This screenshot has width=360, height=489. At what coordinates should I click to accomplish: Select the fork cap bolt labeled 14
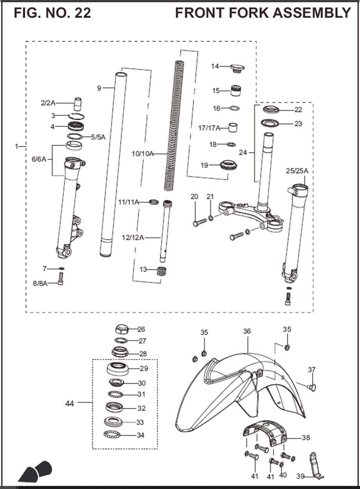[237, 68]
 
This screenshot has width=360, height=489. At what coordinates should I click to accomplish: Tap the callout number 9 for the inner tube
[99, 88]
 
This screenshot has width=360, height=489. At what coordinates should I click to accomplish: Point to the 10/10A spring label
[142, 154]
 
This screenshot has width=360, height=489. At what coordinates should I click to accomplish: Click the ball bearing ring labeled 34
[113, 434]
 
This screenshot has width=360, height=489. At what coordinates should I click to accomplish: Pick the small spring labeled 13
[161, 271]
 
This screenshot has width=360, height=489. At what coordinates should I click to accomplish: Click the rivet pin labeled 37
[311, 387]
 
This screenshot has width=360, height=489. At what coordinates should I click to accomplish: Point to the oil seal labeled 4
[76, 126]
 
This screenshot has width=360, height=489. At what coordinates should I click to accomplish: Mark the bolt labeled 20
[200, 222]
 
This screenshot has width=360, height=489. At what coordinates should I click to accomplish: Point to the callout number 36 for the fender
[247, 331]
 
